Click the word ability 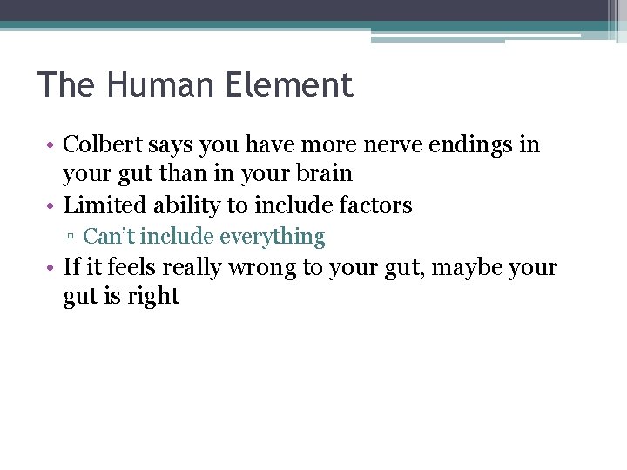coord(179,206)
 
